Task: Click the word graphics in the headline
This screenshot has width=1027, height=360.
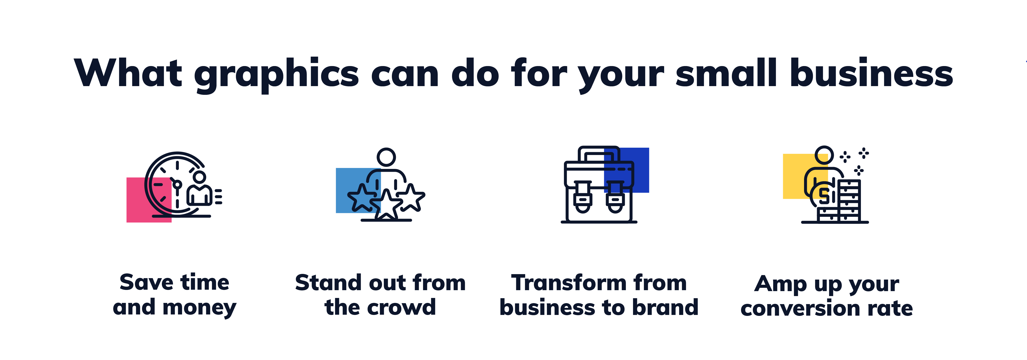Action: (277, 75)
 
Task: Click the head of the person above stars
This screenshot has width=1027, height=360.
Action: (386, 157)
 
